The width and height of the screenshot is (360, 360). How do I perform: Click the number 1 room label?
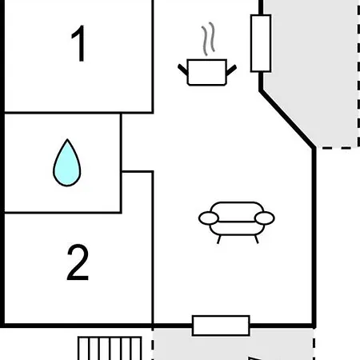tap(78, 43)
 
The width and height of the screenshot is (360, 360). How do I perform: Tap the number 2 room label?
tap(78, 262)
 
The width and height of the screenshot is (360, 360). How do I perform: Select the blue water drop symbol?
tap(67, 162)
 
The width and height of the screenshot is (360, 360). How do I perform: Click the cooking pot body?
tap(207, 72)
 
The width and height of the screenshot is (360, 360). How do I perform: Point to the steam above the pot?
tap(208, 38)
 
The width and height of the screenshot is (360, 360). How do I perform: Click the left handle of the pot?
tap(183, 70)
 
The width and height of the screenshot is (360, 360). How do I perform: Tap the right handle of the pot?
tap(231, 70)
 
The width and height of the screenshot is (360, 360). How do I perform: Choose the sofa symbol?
tap(237, 222)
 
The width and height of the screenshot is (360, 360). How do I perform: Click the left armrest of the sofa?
tap(209, 218)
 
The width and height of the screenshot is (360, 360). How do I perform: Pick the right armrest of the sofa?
tap(265, 218)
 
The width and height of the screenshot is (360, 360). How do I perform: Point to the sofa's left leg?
tap(219, 239)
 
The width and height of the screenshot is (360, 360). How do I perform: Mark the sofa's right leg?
tap(257, 239)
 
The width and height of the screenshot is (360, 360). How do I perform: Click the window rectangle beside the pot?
tap(261, 43)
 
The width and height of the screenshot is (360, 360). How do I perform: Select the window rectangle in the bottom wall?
tap(221, 326)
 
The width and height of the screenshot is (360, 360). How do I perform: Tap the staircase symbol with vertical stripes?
tap(110, 348)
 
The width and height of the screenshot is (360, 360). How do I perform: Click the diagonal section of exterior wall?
tap(287, 119)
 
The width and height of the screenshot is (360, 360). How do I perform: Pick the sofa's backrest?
tap(237, 212)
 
